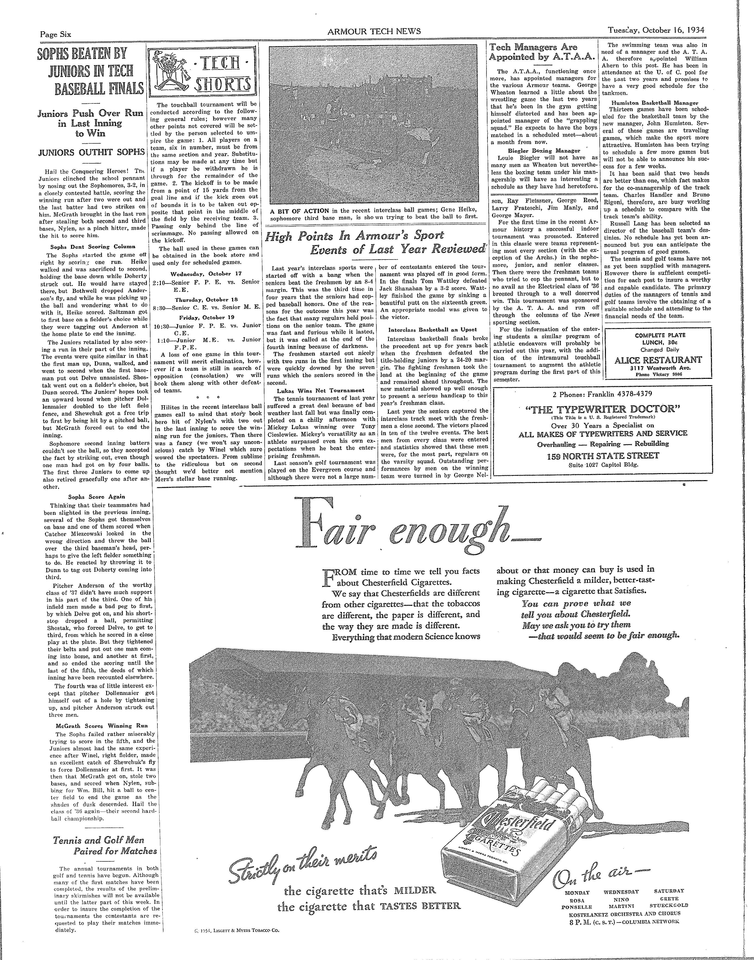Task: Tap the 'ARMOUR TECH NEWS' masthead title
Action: [374, 31]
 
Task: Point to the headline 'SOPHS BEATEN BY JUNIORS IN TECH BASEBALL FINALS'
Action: [91, 71]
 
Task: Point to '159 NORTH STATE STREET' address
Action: [603, 456]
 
